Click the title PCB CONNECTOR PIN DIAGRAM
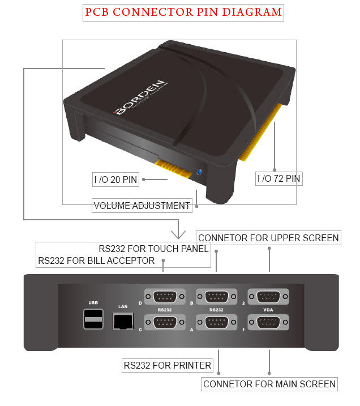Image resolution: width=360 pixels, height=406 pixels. pos(183,12)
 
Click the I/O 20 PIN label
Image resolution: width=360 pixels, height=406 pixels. pos(115,180)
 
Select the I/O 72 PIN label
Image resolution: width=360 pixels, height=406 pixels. pos(279,179)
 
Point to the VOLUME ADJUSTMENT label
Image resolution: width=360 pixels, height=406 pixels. pos(142,206)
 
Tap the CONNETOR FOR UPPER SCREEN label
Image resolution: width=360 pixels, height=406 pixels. pos(268,238)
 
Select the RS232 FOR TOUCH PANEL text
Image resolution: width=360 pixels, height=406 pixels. pos(153,249)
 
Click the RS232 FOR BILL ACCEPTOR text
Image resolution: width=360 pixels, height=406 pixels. pos(96,260)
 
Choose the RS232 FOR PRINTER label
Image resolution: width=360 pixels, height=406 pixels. pos(168,365)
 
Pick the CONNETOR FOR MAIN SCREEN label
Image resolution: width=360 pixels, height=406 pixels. pos(269,384)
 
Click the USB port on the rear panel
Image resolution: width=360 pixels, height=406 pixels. pos(93,320)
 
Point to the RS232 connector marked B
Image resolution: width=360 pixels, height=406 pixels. pos(217,297)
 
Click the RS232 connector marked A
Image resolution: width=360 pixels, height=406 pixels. pos(217,323)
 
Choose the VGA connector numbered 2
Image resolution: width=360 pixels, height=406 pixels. pos(269,297)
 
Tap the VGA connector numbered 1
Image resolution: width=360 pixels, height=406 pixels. pos(269,323)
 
